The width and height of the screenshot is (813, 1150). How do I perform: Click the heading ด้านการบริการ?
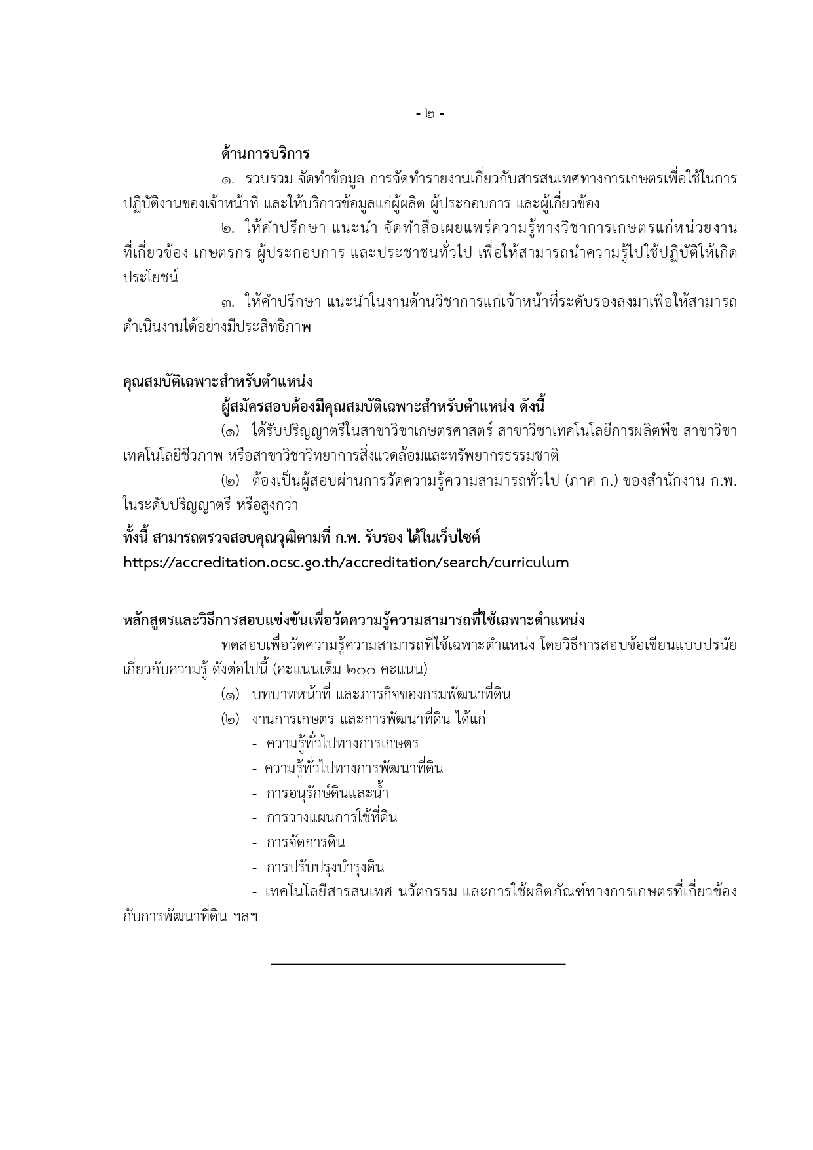(x=265, y=154)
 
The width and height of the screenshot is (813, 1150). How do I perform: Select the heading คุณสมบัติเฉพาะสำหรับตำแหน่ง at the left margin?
(x=217, y=381)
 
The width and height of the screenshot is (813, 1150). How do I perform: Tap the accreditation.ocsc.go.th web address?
(x=346, y=563)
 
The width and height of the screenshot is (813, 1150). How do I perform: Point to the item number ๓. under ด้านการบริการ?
(x=229, y=303)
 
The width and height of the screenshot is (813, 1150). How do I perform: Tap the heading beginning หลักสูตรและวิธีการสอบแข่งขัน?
(x=354, y=620)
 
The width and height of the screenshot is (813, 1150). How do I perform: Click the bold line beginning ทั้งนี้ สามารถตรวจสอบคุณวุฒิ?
(x=301, y=538)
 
